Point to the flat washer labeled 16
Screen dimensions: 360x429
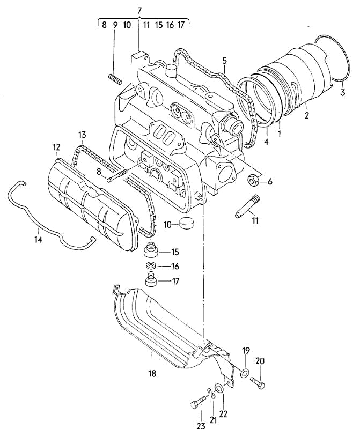coord(150,266)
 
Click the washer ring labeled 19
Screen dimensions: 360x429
coord(245,373)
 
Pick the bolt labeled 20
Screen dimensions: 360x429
coord(258,382)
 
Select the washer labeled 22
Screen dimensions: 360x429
coord(219,388)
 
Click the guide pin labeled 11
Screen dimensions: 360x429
coord(247,206)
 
